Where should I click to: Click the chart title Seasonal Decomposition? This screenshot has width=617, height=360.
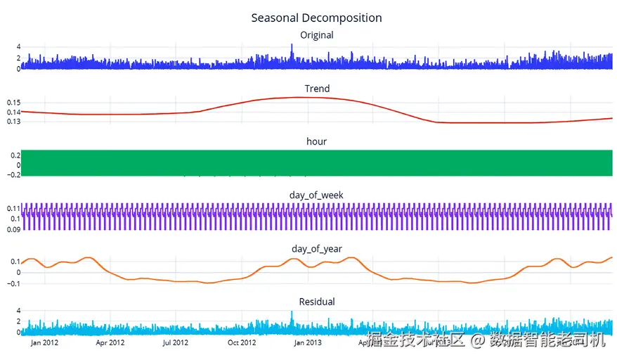click(x=316, y=18)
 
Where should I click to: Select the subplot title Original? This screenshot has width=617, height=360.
click(x=316, y=35)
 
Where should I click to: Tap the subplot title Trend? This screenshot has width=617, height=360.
click(x=317, y=89)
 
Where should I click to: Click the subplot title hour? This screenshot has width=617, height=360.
click(x=316, y=141)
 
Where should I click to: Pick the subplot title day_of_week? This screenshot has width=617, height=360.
click(x=316, y=195)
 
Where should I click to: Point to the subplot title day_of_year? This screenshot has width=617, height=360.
click(x=316, y=249)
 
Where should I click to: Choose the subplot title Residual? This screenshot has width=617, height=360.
click(x=317, y=302)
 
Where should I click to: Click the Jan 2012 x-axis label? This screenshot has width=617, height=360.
click(x=44, y=343)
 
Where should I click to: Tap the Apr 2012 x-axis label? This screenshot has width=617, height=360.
click(x=110, y=343)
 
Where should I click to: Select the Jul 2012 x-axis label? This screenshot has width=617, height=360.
click(x=175, y=343)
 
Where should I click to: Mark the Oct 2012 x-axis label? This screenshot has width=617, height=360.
click(x=242, y=343)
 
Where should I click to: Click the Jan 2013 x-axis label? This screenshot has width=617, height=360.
click(x=307, y=343)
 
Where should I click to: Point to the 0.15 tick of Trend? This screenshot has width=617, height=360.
click(x=14, y=103)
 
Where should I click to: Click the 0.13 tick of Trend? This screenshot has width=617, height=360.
click(x=14, y=122)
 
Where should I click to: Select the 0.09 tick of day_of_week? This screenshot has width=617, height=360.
click(x=14, y=229)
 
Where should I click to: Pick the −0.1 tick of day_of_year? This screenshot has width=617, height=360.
click(x=12, y=283)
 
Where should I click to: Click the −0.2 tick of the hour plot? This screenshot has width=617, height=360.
click(x=12, y=175)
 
